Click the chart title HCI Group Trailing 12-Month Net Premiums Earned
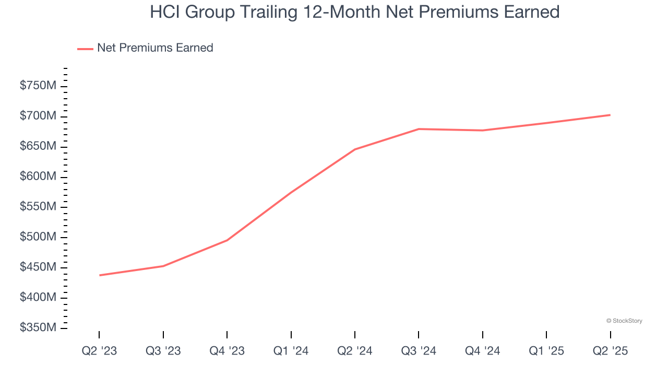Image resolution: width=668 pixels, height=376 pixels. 355,12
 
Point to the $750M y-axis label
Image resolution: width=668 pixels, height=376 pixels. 38,86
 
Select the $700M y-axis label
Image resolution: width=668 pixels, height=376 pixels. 38,116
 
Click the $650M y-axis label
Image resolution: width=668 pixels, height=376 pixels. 38,146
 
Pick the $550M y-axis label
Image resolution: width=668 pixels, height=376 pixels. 38,207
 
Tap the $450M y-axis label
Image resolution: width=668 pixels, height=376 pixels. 38,267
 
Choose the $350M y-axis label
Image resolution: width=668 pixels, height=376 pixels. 38,328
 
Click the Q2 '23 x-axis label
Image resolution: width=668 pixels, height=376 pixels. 99,351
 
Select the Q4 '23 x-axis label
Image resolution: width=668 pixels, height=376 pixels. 227,351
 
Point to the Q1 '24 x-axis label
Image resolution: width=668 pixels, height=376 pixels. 291,351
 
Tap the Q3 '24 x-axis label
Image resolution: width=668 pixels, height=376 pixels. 419,351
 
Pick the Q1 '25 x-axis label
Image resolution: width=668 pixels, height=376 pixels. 546,351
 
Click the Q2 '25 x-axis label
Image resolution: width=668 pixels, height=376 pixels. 610,351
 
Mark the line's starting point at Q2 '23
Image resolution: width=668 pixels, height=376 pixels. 99,275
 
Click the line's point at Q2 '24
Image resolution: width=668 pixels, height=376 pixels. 355,149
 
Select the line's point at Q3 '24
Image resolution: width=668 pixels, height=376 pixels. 419,129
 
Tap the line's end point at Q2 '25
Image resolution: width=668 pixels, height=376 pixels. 610,115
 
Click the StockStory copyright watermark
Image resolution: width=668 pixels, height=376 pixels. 624,321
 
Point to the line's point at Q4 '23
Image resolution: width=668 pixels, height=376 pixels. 227,240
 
